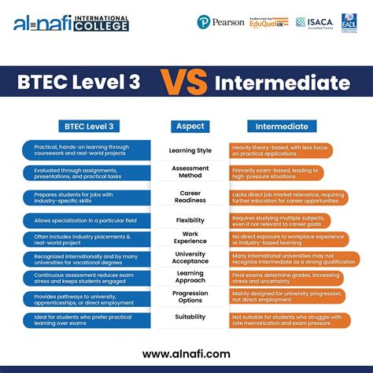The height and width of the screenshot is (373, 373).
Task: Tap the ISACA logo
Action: pyautogui.click(x=314, y=23)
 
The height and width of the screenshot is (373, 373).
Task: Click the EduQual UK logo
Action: pyautogui.click(x=268, y=22)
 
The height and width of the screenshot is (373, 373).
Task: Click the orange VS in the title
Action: pyautogui.click(x=186, y=83)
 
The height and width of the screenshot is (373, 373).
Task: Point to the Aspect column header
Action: pyautogui.click(x=190, y=126)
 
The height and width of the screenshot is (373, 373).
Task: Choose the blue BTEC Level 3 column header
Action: pyautogui.click(x=90, y=126)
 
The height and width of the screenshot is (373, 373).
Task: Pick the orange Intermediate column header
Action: pyautogui.click(x=286, y=126)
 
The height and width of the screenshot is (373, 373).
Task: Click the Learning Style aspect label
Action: pyautogui.click(x=190, y=150)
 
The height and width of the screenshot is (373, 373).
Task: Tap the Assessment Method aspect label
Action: pyautogui.click(x=190, y=172)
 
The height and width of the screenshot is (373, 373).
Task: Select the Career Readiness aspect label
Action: pyautogui.click(x=190, y=196)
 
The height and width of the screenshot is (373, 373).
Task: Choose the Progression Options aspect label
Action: pyautogui.click(x=190, y=297)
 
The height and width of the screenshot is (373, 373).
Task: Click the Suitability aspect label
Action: pyautogui.click(x=190, y=317)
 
